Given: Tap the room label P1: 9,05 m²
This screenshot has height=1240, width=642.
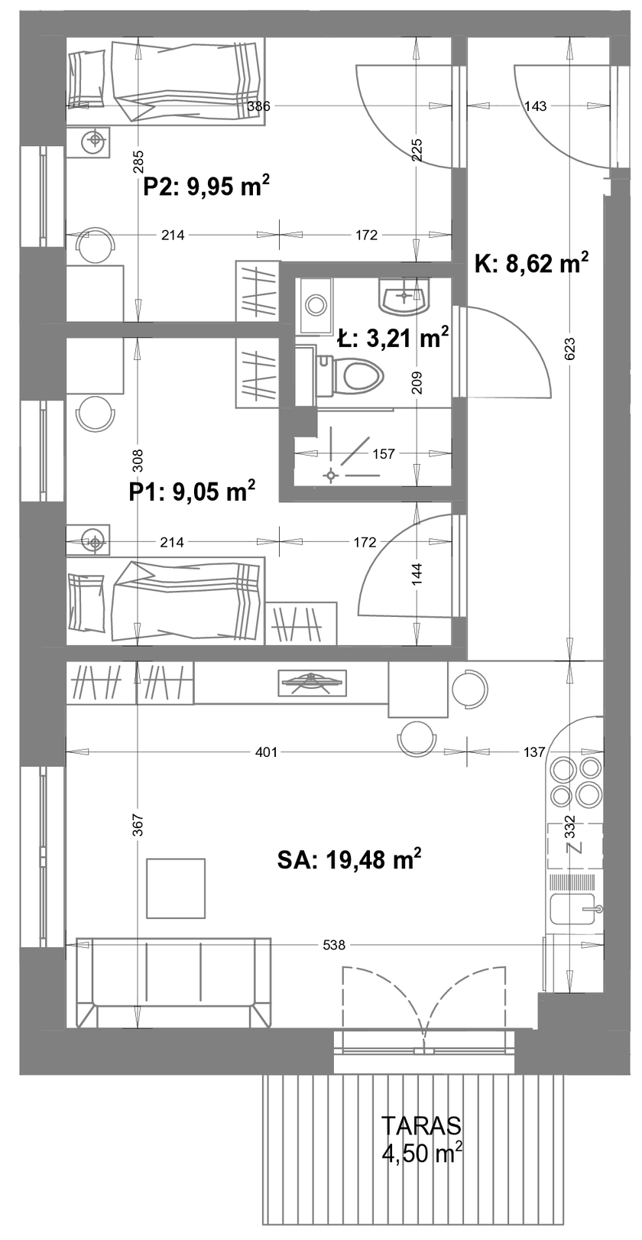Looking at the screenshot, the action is click(x=192, y=491).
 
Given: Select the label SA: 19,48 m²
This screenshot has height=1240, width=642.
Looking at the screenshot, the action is click(x=349, y=860).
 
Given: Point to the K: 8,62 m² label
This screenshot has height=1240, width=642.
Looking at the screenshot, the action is click(x=530, y=263).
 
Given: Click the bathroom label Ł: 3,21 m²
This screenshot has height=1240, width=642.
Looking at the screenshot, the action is click(x=392, y=337).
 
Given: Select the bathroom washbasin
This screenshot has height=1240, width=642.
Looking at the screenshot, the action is click(x=404, y=296).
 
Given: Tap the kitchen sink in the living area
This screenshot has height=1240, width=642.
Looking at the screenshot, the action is click(x=574, y=909).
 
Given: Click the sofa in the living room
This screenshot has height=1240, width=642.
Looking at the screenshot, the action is click(x=173, y=982).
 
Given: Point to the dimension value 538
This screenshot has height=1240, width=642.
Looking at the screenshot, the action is click(x=334, y=944).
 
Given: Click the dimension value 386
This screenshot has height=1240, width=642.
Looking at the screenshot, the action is click(x=258, y=105).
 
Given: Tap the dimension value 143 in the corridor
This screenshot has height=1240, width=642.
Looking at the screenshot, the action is click(x=535, y=105).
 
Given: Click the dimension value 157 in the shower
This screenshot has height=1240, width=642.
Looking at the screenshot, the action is click(x=384, y=454).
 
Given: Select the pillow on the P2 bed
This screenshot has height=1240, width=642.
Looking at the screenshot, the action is click(x=86, y=78).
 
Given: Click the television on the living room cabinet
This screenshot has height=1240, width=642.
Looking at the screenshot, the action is click(x=313, y=683).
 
